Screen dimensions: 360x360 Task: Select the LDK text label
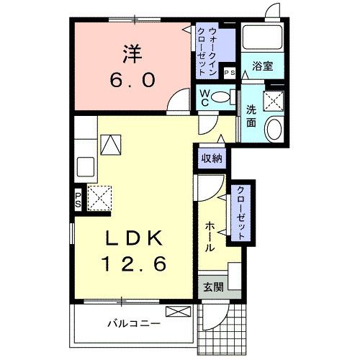point(133,238)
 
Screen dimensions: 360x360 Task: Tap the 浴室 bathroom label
point(262,66)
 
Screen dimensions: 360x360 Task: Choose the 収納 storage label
point(211,157)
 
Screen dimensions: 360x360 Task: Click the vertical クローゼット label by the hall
point(240,214)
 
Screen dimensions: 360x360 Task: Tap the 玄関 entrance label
point(213,287)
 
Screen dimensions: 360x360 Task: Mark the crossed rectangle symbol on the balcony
point(176,311)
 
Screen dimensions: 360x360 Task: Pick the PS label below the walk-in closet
point(230,73)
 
